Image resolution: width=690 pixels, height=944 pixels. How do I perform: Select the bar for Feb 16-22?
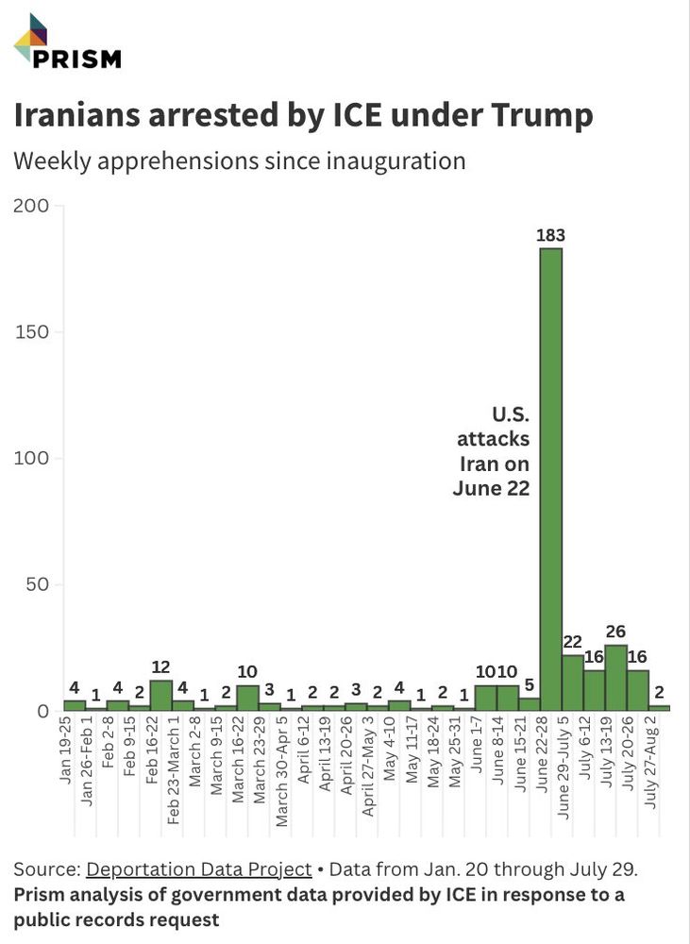(x=161, y=696)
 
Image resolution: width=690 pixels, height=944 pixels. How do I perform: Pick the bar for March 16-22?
(x=247, y=699)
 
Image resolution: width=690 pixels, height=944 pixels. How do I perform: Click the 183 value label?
(x=550, y=235)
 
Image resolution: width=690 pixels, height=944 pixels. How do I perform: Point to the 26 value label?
(x=615, y=632)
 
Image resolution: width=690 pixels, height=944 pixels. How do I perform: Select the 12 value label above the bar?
(x=161, y=667)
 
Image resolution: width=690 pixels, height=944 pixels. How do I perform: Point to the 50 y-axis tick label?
(x=36, y=585)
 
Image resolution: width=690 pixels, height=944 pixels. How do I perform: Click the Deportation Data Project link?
(x=198, y=869)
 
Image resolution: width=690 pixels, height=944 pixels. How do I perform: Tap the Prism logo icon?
(x=30, y=38)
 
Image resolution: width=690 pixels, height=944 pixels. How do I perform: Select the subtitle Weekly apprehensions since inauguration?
(x=239, y=160)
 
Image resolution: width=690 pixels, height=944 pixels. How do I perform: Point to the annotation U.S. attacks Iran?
(x=494, y=451)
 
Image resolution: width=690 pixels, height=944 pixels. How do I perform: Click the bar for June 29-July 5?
(x=572, y=683)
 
